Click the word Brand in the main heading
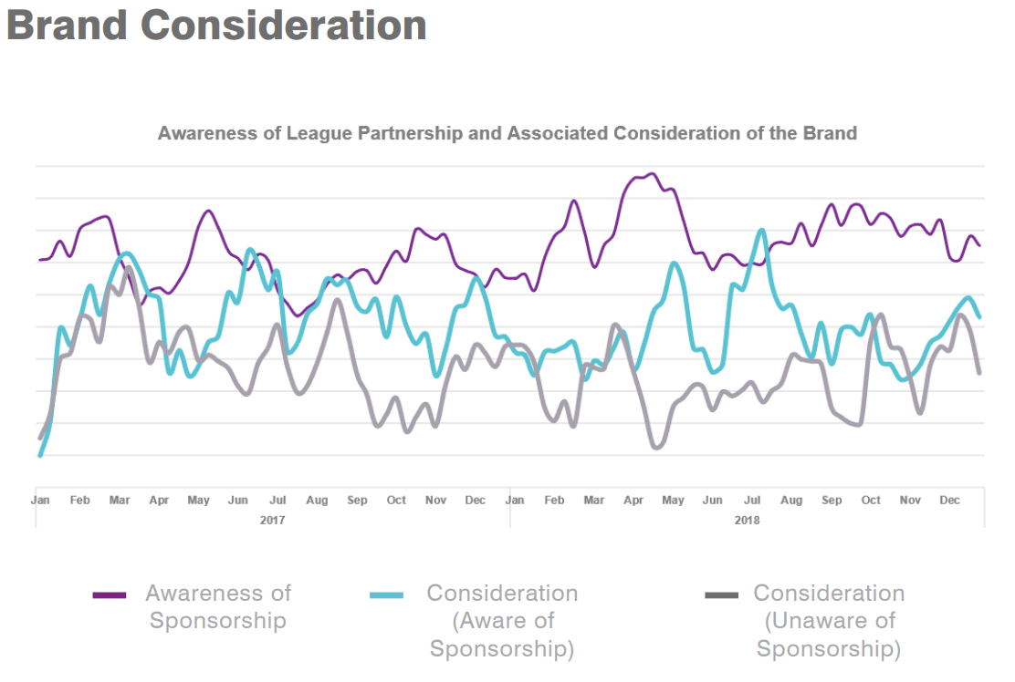tap(67, 25)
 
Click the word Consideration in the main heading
tap(284, 25)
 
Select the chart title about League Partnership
tap(507, 133)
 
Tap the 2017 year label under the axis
tap(272, 521)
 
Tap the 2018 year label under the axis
tap(747, 521)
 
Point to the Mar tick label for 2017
tap(120, 501)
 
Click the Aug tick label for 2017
tap(317, 501)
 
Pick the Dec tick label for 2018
tap(950, 501)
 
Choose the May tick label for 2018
tap(673, 501)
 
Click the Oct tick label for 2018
tap(871, 501)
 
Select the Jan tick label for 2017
tap(40, 501)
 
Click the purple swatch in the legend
tap(110, 595)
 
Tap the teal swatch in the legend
tap(386, 595)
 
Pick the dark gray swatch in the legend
tap(722, 595)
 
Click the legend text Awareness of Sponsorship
tap(218, 607)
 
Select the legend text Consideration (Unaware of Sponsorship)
tap(828, 621)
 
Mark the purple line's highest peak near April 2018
tap(651, 173)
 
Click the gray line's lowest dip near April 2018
tap(656, 448)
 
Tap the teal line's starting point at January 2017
tap(40, 455)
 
